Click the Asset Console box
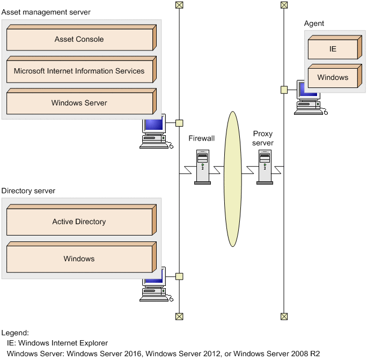(x=79, y=39)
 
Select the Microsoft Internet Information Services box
(x=79, y=71)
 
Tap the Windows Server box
(x=79, y=103)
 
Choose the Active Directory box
(x=79, y=222)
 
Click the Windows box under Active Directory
(x=79, y=259)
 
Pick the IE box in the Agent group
(x=333, y=49)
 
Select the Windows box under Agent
(x=333, y=77)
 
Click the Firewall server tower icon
(x=202, y=167)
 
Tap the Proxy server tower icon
(x=265, y=167)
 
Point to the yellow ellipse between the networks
(x=232, y=179)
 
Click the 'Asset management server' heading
(x=46, y=12)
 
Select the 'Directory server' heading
(x=28, y=190)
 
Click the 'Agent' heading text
(x=314, y=24)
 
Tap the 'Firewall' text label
(x=202, y=138)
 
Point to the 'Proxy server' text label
(x=263, y=138)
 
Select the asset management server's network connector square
(x=179, y=123)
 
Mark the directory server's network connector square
(x=179, y=276)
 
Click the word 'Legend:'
(x=15, y=333)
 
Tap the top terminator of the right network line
(x=284, y=5)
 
